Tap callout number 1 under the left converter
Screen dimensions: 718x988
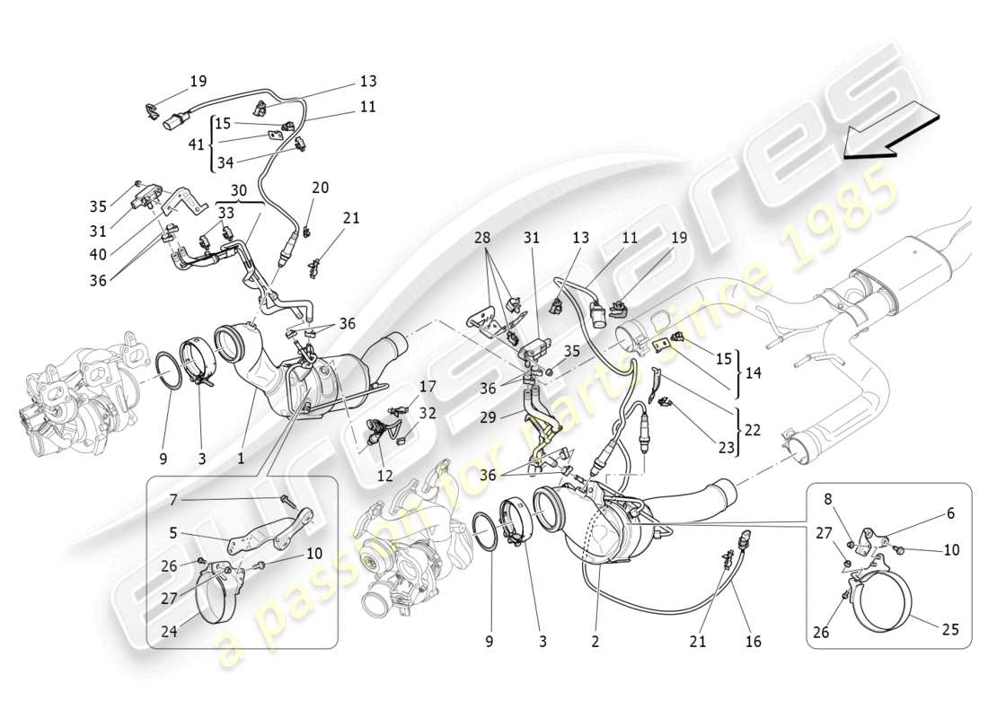[x=241, y=459]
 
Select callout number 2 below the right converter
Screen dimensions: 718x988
[x=595, y=642]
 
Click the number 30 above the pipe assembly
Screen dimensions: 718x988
[x=237, y=190]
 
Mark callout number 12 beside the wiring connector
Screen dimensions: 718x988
[x=385, y=476]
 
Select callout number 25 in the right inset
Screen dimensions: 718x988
[x=950, y=629]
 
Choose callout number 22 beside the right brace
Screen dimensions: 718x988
[x=752, y=431]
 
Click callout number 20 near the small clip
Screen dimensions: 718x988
[x=320, y=188]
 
